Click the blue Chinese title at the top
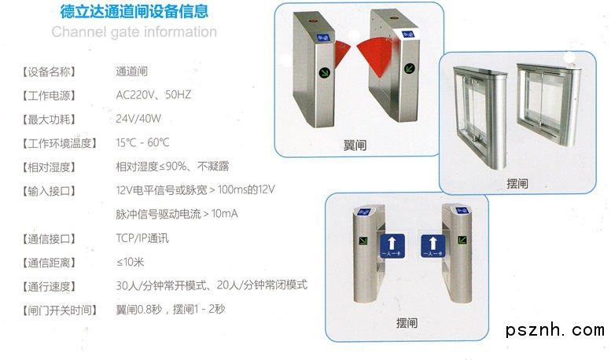(x=134, y=11)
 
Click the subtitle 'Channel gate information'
(x=134, y=32)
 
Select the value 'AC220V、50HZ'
(x=153, y=94)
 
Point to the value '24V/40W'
(x=138, y=119)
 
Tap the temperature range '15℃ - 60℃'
(x=142, y=142)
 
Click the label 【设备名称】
(x=49, y=72)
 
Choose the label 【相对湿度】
(x=49, y=167)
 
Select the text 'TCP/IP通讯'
(x=142, y=238)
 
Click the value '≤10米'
(x=131, y=262)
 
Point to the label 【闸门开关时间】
(x=59, y=310)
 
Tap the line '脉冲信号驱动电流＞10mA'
(x=176, y=214)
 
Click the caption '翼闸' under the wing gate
(x=355, y=145)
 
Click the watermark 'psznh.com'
(x=555, y=330)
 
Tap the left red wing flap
(x=341, y=53)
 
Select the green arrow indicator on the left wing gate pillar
(x=324, y=72)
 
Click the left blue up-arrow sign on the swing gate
(x=392, y=246)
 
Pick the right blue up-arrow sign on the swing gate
(x=433, y=246)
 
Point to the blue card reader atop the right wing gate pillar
(x=408, y=35)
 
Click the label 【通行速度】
(x=49, y=287)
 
